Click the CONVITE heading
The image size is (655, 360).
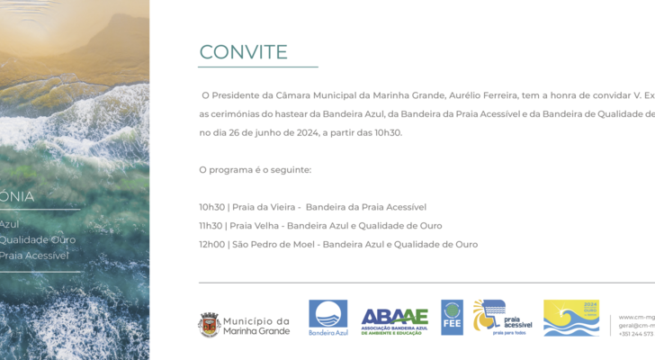tap(243, 52)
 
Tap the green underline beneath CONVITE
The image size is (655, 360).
tap(258, 67)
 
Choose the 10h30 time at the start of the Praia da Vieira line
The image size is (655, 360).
tap(211, 207)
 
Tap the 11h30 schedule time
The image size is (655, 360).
tap(211, 226)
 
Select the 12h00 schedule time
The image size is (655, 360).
tap(211, 244)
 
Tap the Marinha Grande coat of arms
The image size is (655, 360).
tap(209, 324)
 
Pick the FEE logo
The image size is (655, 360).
tap(452, 318)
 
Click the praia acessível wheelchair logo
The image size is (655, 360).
tap(502, 318)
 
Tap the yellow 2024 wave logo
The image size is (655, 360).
tap(571, 318)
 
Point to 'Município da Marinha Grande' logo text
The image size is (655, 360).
tap(256, 326)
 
